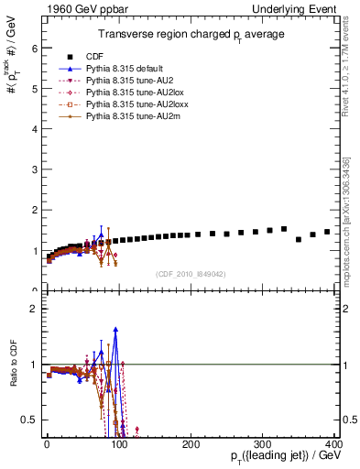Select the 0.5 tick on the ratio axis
tap(33, 420)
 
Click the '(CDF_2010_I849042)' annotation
tap(191, 273)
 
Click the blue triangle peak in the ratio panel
tap(115, 329)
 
